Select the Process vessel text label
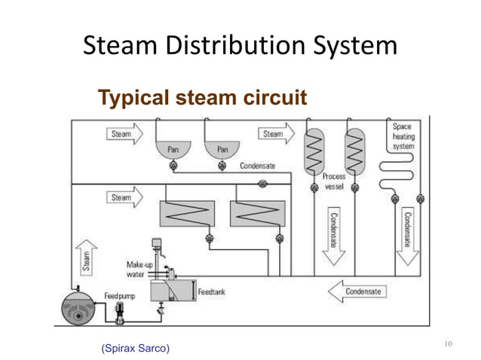click(x=334, y=181)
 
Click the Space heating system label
click(x=402, y=136)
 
